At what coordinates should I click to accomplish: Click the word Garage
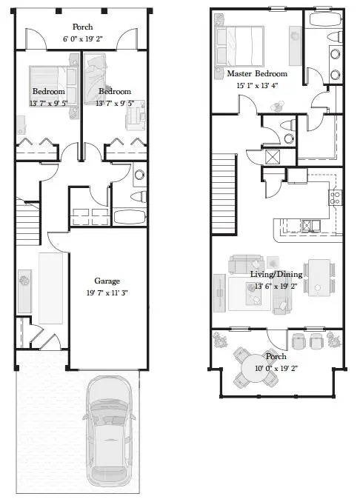(107, 281)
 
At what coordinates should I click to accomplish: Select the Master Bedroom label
(256, 74)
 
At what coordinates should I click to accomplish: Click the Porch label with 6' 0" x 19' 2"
(81, 37)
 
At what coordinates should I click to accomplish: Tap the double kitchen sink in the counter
(310, 225)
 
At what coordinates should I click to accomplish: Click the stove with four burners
(335, 198)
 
